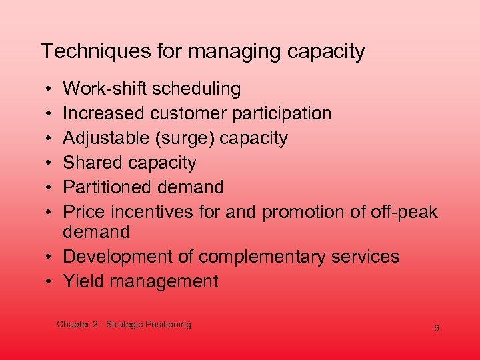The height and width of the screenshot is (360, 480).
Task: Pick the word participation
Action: click(x=281, y=114)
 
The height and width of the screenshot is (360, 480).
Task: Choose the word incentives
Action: click(x=155, y=212)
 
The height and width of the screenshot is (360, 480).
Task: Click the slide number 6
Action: click(x=436, y=329)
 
